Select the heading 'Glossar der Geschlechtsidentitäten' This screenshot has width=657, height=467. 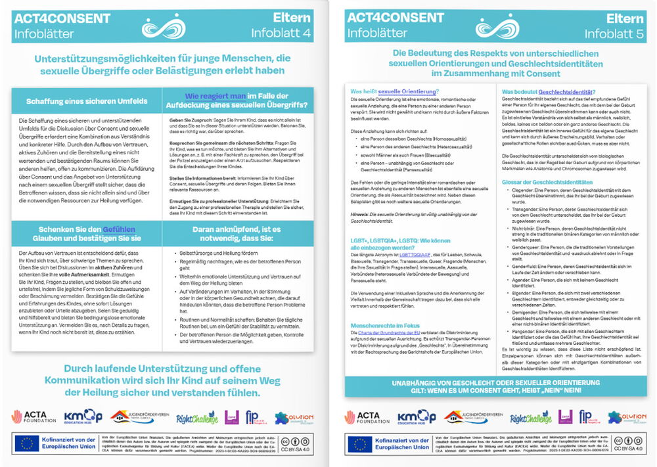click(547, 181)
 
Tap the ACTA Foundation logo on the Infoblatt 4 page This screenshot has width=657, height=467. click(33, 416)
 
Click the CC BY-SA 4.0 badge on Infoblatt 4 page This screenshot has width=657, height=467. click(300, 443)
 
